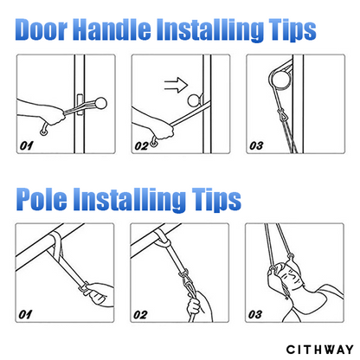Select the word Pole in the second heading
click(44, 198)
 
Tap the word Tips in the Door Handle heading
click(285, 30)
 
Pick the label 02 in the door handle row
click(143, 145)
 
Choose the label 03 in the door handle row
click(256, 145)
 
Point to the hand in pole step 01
click(96, 290)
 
